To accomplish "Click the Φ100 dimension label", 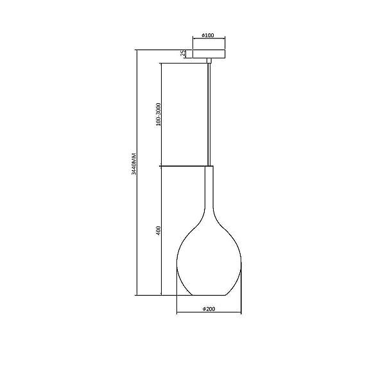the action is (208, 35).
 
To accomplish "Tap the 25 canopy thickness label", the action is (183, 53).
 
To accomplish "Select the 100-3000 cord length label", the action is (158, 114).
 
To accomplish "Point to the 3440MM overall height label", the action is (134, 164).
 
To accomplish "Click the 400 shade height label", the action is (158, 231).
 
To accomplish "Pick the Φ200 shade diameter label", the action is (209, 309).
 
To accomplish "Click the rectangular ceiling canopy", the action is (209, 54).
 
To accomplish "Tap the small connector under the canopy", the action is (209, 60).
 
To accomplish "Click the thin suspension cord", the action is (209, 114).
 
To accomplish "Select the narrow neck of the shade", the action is (209, 187).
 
